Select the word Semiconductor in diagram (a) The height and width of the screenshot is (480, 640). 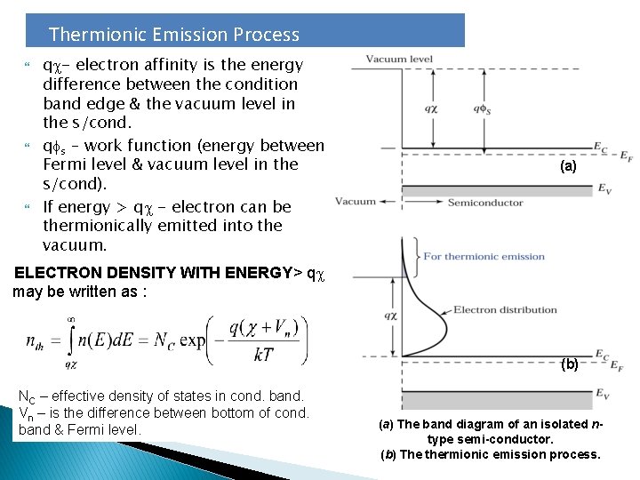(485, 203)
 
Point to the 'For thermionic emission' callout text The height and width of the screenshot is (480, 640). (484, 257)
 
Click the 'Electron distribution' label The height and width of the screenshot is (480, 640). (505, 310)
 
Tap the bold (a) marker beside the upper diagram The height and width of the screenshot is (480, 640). (568, 166)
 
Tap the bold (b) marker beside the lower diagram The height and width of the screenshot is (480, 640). (569, 364)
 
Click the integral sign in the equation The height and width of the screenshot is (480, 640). (71, 339)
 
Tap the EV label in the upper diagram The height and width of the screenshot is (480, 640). (604, 188)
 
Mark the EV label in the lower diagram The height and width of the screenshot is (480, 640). (604, 393)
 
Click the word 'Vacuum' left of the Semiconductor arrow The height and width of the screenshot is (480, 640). (356, 202)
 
